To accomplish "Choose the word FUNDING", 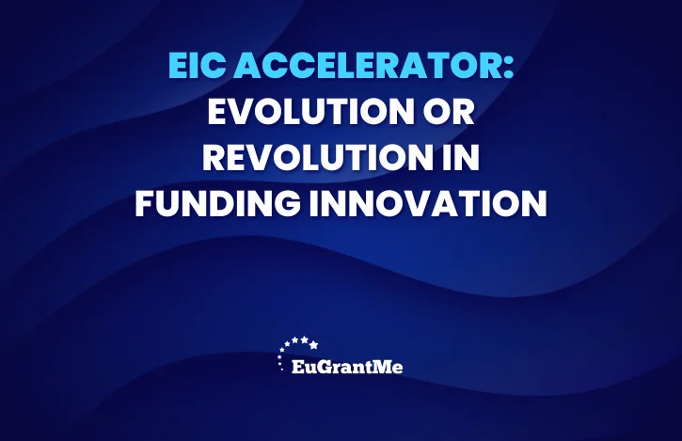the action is [217, 203].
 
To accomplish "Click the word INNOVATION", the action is [428, 203].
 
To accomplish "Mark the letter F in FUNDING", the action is [145, 203].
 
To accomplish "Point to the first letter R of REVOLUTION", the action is [214, 157].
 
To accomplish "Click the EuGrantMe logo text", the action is [347, 367].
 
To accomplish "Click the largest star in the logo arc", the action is [313, 345].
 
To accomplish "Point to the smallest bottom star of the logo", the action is [282, 370].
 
